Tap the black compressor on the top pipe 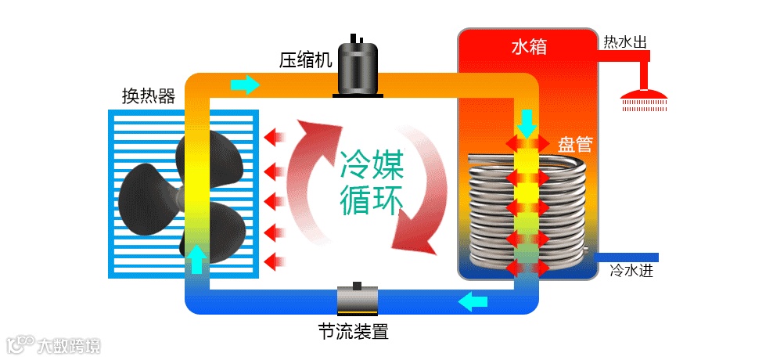point(358,68)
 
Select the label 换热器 point(148,95)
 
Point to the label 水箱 point(529,48)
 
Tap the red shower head point(644,98)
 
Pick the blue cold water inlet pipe point(626,257)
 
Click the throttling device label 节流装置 point(353,331)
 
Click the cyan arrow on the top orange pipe point(245,84)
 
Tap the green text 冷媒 point(372,166)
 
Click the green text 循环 point(372,200)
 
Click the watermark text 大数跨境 point(70,344)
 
